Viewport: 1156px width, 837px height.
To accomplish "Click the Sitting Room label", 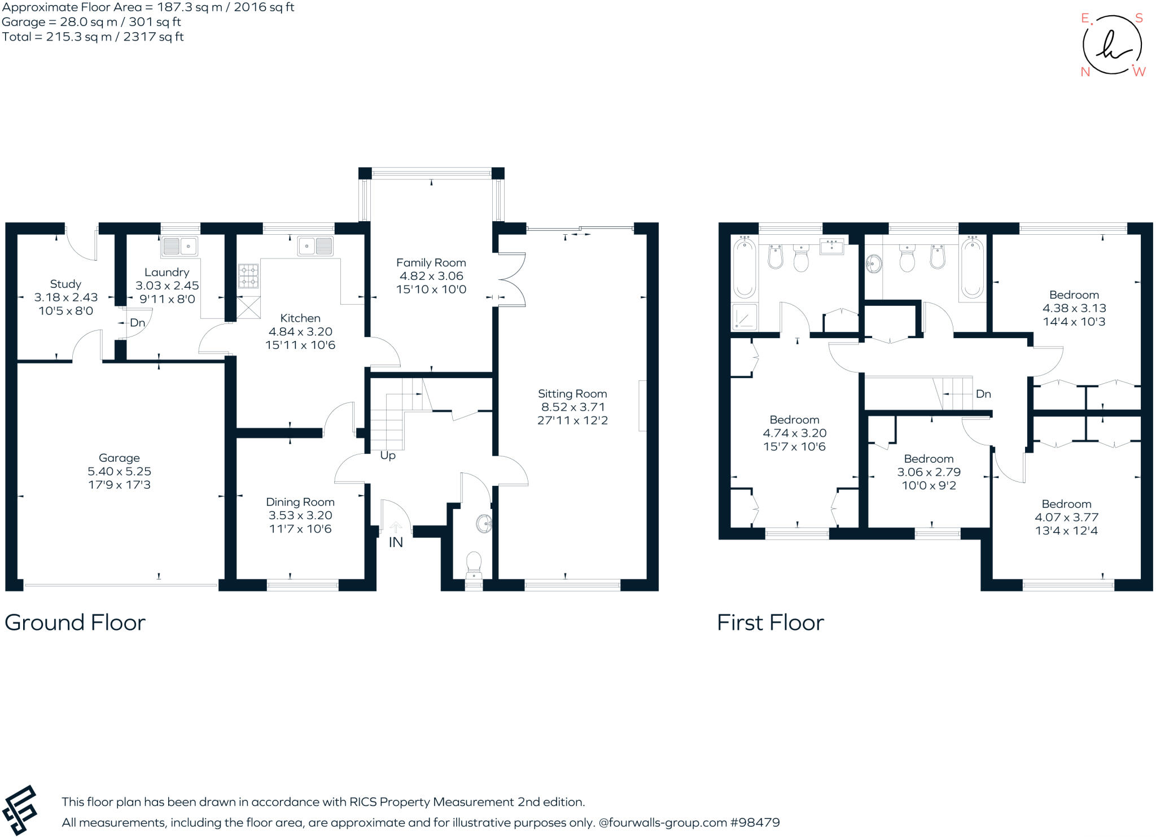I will (572, 393).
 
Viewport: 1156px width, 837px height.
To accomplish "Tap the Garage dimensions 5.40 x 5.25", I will (119, 471).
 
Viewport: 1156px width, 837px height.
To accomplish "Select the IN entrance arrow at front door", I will (396, 528).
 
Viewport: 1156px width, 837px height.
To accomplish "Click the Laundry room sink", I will (179, 246).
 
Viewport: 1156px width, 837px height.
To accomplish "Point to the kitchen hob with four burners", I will (248, 276).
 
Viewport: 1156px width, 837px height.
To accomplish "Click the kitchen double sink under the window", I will (315, 246).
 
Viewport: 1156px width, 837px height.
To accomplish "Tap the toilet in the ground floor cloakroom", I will (474, 562).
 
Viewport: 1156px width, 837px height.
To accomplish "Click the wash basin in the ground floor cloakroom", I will (484, 524).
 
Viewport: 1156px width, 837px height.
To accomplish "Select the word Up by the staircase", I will (388, 455).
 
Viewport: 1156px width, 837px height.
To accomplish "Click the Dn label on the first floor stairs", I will (983, 394).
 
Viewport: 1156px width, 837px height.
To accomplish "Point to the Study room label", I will (65, 284).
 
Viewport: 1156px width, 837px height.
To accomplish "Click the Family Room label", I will (431, 262).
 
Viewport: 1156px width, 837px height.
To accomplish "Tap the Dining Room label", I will (300, 502).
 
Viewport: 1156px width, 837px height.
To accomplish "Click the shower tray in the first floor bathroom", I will (745, 317).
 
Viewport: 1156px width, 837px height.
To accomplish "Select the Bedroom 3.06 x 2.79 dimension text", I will (929, 472).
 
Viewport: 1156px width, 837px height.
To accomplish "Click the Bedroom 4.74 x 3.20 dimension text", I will (794, 433).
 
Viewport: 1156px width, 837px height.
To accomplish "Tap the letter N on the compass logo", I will (1085, 72).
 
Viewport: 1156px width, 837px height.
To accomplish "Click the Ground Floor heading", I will (75, 623).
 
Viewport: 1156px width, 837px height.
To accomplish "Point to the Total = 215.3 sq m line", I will (93, 37).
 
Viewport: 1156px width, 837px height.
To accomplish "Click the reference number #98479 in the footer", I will (755, 822).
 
